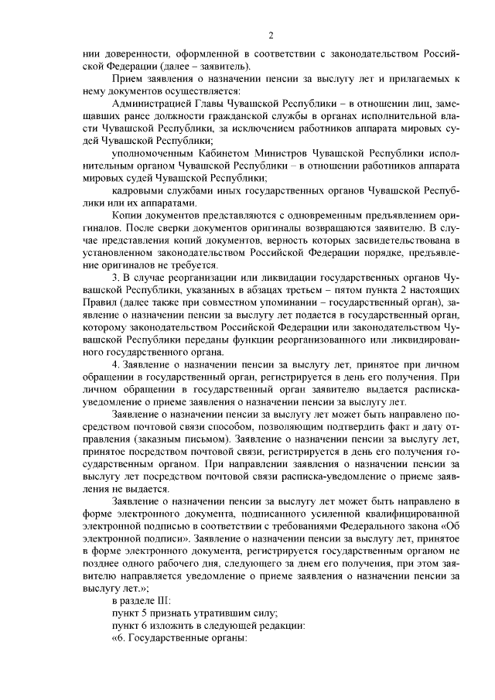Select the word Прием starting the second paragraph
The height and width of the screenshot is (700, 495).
click(x=126, y=79)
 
